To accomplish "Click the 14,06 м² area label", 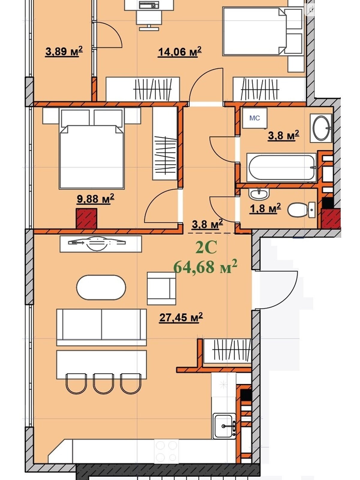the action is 179,52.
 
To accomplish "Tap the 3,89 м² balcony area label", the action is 64,52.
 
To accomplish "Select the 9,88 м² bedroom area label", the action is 95,199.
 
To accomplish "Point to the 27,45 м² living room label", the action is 181,317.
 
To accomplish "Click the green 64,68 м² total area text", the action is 205,267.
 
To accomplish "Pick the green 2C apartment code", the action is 206,247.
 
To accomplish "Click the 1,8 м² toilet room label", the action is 265,208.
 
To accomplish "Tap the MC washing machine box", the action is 255,118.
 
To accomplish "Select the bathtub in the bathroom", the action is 281,167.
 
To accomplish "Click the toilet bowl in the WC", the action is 301,210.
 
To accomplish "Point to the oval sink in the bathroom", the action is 321,128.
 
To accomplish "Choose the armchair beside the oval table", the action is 161,288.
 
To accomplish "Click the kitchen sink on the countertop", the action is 224,425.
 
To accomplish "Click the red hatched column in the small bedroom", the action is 87,218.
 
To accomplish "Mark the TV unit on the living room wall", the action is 101,244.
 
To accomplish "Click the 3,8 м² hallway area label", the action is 207,224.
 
